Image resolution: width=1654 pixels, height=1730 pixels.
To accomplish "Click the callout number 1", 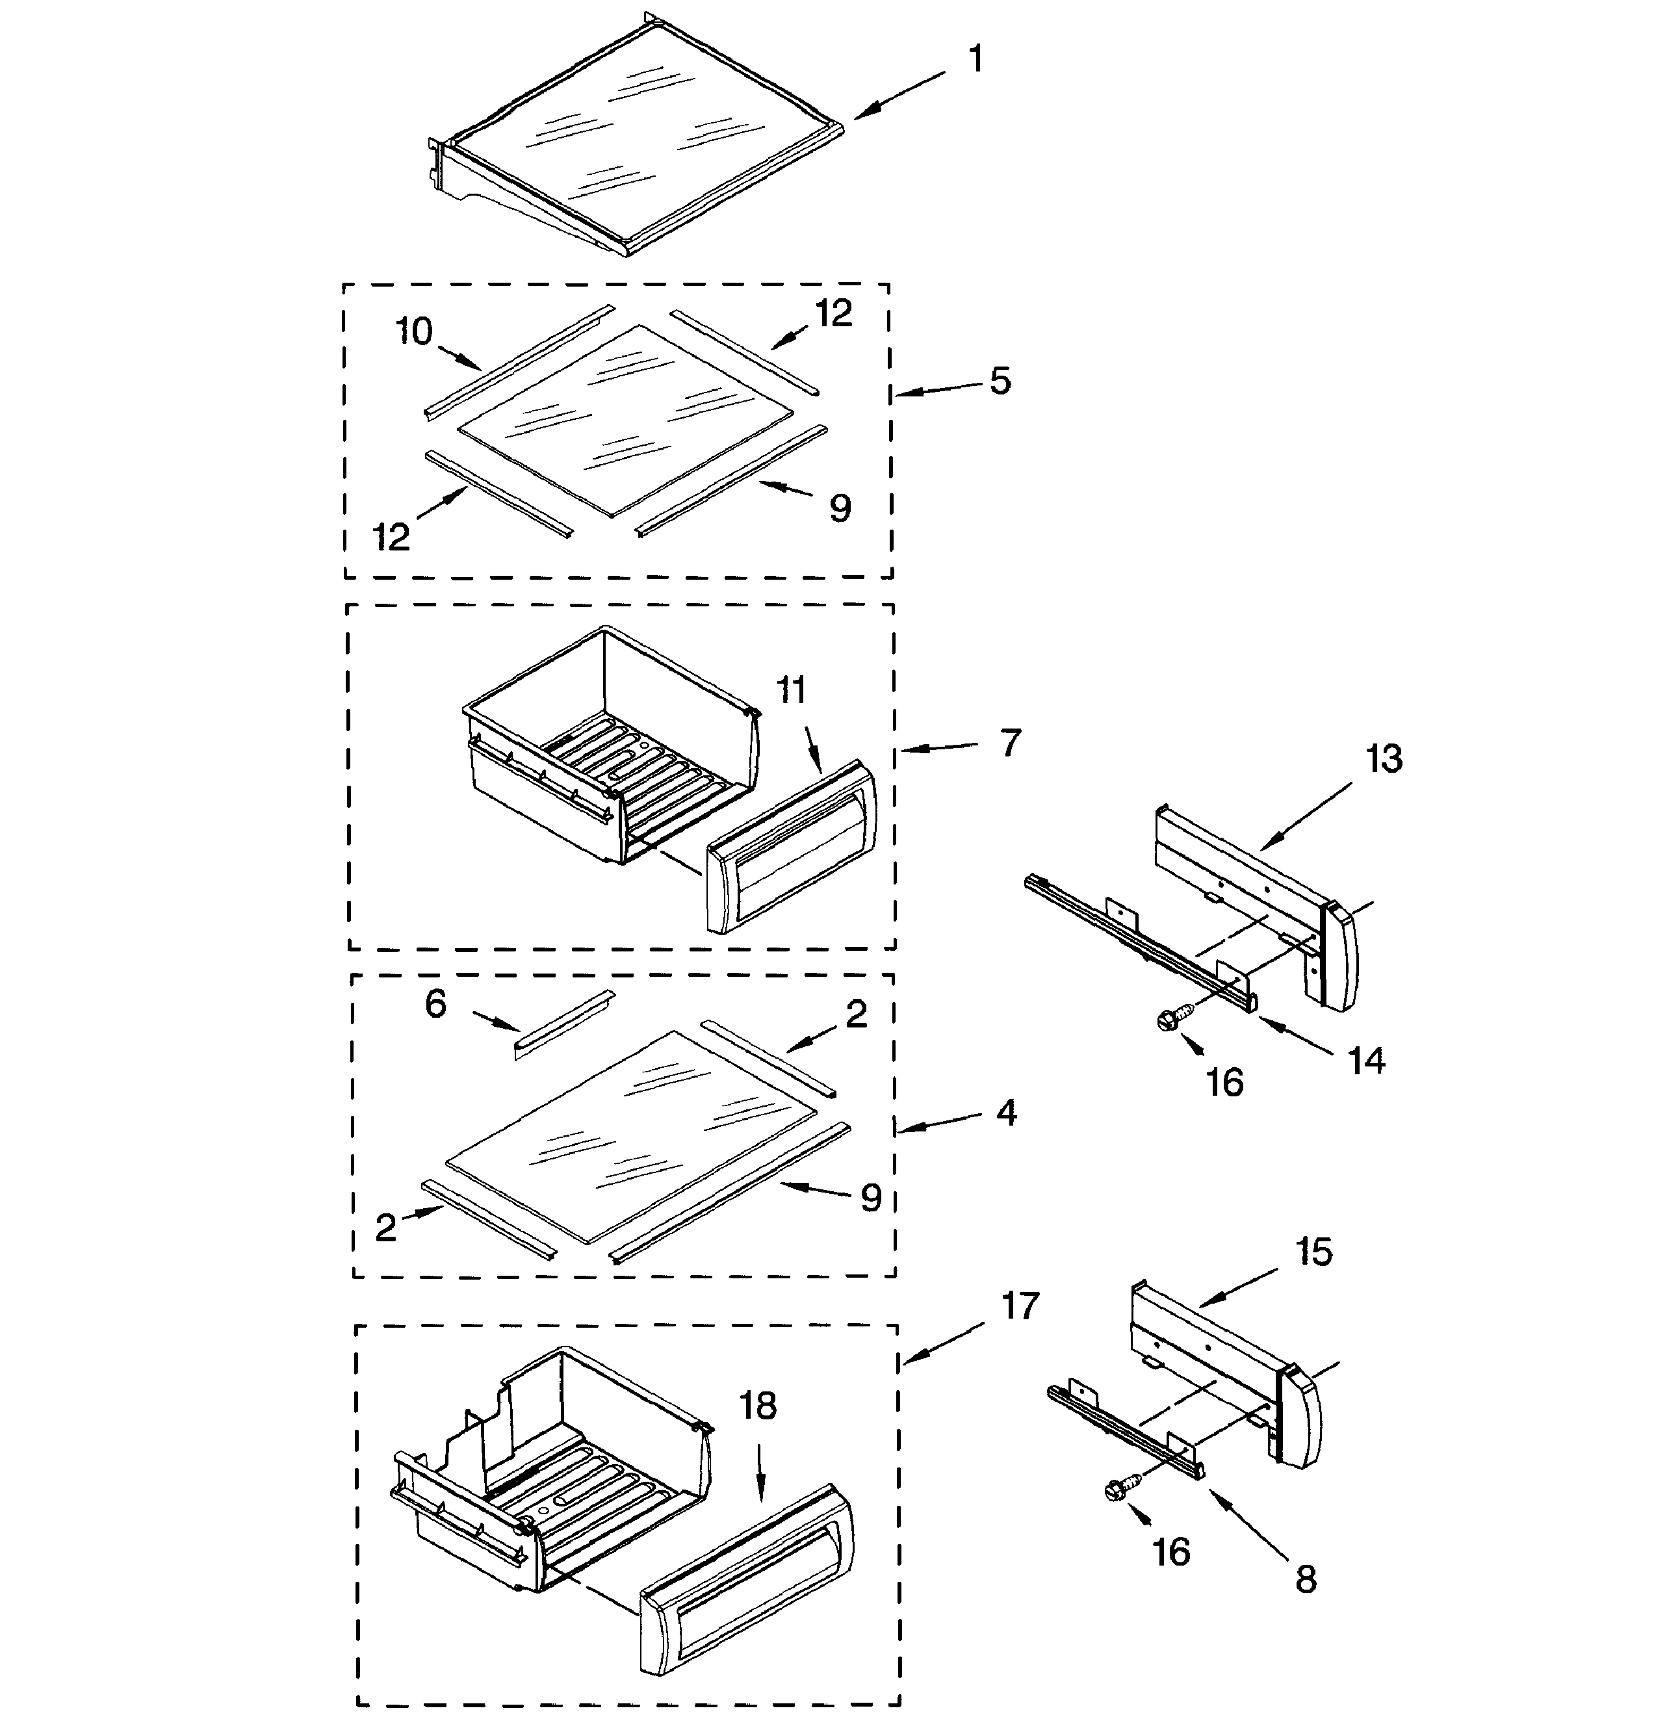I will click(974, 59).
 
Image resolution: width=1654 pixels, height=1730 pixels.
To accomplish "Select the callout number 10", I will click(413, 333).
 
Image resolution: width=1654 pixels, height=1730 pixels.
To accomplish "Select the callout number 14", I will click(1367, 1061).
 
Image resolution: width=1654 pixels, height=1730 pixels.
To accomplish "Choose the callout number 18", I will click(758, 1406).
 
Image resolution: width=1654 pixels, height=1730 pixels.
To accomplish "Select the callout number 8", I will click(1306, 1579).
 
